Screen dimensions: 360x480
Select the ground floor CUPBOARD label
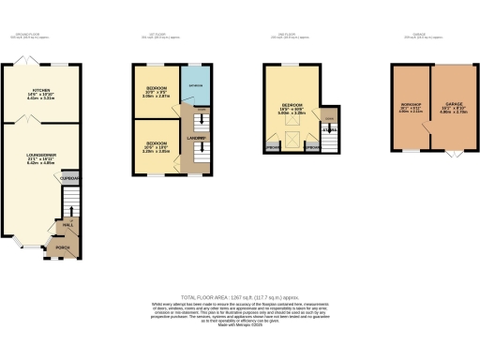pos(69,177)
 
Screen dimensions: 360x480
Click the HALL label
pos(68,225)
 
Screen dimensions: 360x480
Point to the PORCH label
pos(64,248)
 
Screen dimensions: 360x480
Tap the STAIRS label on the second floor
pos(327,129)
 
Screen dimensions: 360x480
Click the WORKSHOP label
pos(410,106)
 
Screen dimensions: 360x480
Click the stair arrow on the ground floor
pos(68,202)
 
